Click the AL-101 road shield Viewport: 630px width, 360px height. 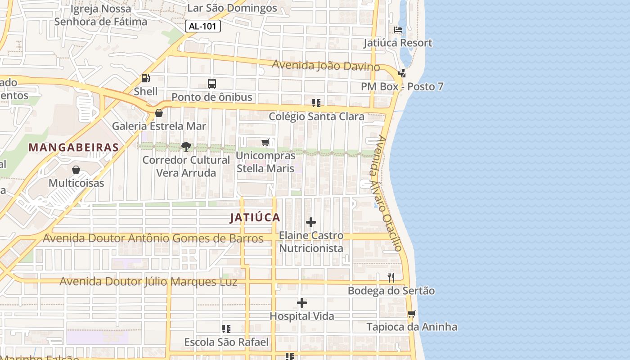[x=202, y=26]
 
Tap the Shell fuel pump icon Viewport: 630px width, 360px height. [x=145, y=78]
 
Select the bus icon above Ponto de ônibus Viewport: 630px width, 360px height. [x=211, y=84]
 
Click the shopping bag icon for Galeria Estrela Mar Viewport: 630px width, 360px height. [x=158, y=113]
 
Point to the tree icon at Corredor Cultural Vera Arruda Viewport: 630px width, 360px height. [x=186, y=146]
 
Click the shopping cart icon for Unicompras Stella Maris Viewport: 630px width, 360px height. [x=265, y=143]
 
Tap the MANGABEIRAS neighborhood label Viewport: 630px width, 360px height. [x=74, y=147]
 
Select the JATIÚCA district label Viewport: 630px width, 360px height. [x=255, y=218]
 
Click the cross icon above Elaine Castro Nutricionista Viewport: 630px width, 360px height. [x=310, y=222]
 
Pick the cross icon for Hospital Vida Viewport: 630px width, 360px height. [x=302, y=303]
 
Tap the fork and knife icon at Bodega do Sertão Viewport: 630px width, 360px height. [x=391, y=278]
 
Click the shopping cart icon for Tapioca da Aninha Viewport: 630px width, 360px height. [x=411, y=314]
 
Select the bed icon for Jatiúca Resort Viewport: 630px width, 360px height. [x=398, y=30]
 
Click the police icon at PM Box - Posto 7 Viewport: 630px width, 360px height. [x=402, y=73]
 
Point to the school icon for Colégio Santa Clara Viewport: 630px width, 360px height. [x=316, y=103]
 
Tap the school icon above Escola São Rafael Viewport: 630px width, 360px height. [x=226, y=329]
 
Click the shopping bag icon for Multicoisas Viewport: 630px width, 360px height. [x=76, y=170]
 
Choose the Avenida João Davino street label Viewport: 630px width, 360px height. [x=326, y=66]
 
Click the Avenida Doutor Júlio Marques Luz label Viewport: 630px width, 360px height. [x=148, y=282]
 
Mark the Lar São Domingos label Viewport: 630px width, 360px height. [x=232, y=8]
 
